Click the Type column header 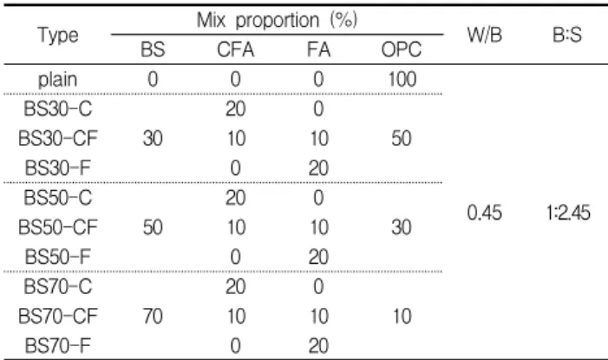pyautogui.click(x=58, y=36)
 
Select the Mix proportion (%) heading pyautogui.click(x=277, y=20)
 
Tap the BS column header pyautogui.click(x=153, y=49)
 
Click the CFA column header pyautogui.click(x=235, y=49)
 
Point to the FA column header pyautogui.click(x=318, y=49)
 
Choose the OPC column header pyautogui.click(x=402, y=49)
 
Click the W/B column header pyautogui.click(x=485, y=35)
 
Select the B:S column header pyautogui.click(x=567, y=35)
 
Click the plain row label pyautogui.click(x=57, y=80)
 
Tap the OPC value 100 pyautogui.click(x=402, y=79)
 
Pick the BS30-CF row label pyautogui.click(x=58, y=139)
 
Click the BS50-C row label pyautogui.click(x=58, y=198)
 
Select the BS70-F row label pyautogui.click(x=58, y=345)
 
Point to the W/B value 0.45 pyautogui.click(x=485, y=213)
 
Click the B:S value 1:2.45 pyautogui.click(x=568, y=213)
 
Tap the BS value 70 pyautogui.click(x=153, y=316)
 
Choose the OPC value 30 pyautogui.click(x=402, y=227)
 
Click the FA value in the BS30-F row pyautogui.click(x=318, y=168)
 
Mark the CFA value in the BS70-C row pyautogui.click(x=235, y=286)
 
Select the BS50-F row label pyautogui.click(x=58, y=257)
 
